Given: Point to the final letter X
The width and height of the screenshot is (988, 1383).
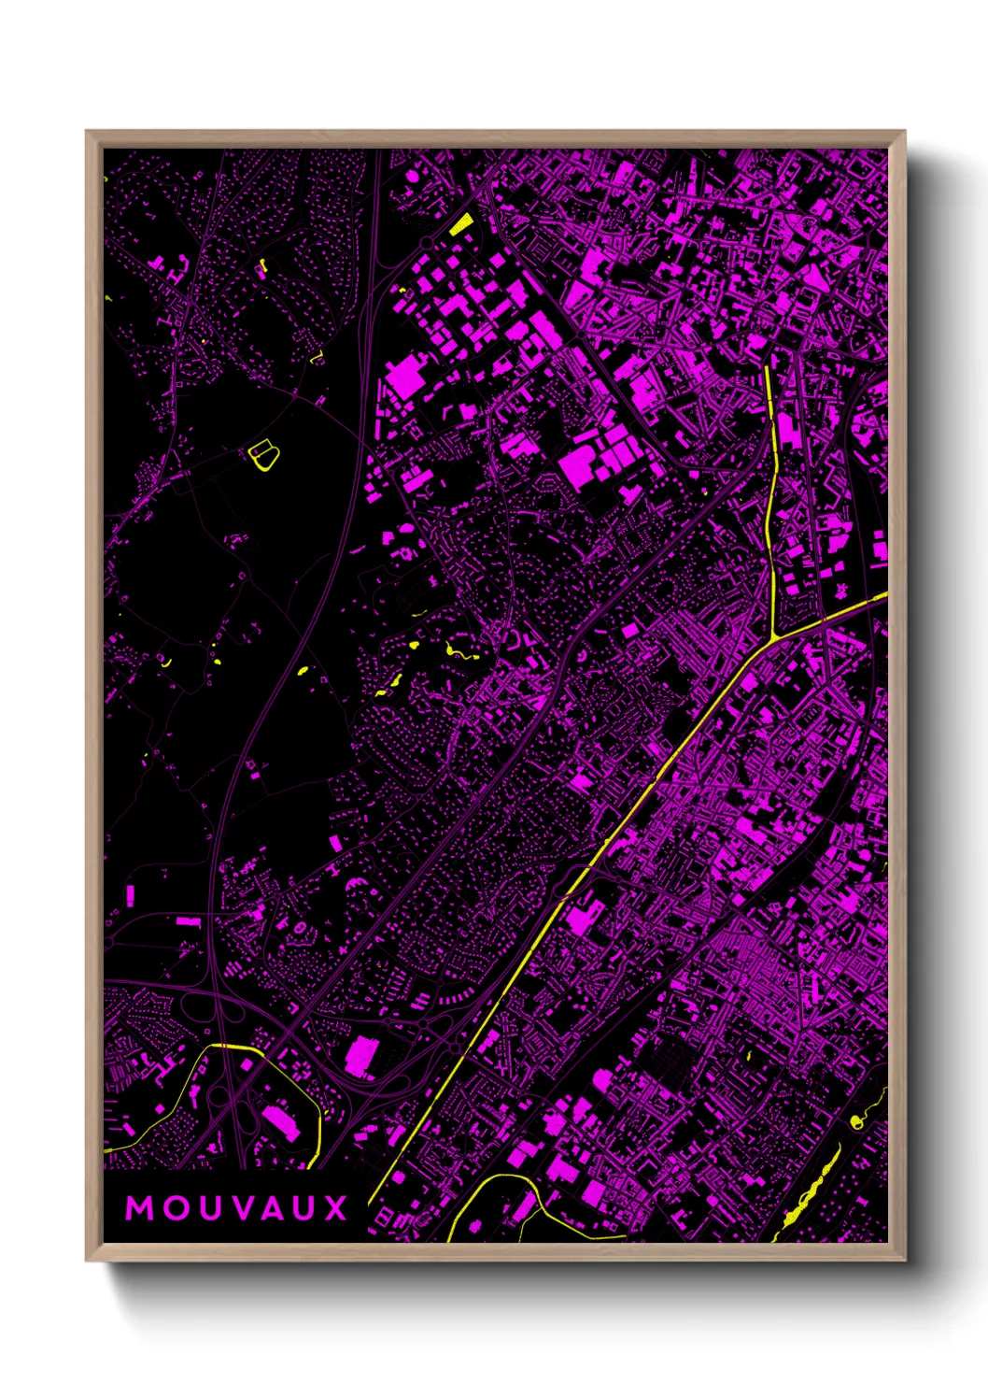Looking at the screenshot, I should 335,1208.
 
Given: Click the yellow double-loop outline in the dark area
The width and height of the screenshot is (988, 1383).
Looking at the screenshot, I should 264,454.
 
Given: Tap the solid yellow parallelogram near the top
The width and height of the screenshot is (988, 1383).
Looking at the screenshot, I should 461,224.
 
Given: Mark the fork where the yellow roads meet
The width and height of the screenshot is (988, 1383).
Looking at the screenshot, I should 775,638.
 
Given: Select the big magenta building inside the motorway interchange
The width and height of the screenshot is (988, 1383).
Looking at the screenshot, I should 360,1057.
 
